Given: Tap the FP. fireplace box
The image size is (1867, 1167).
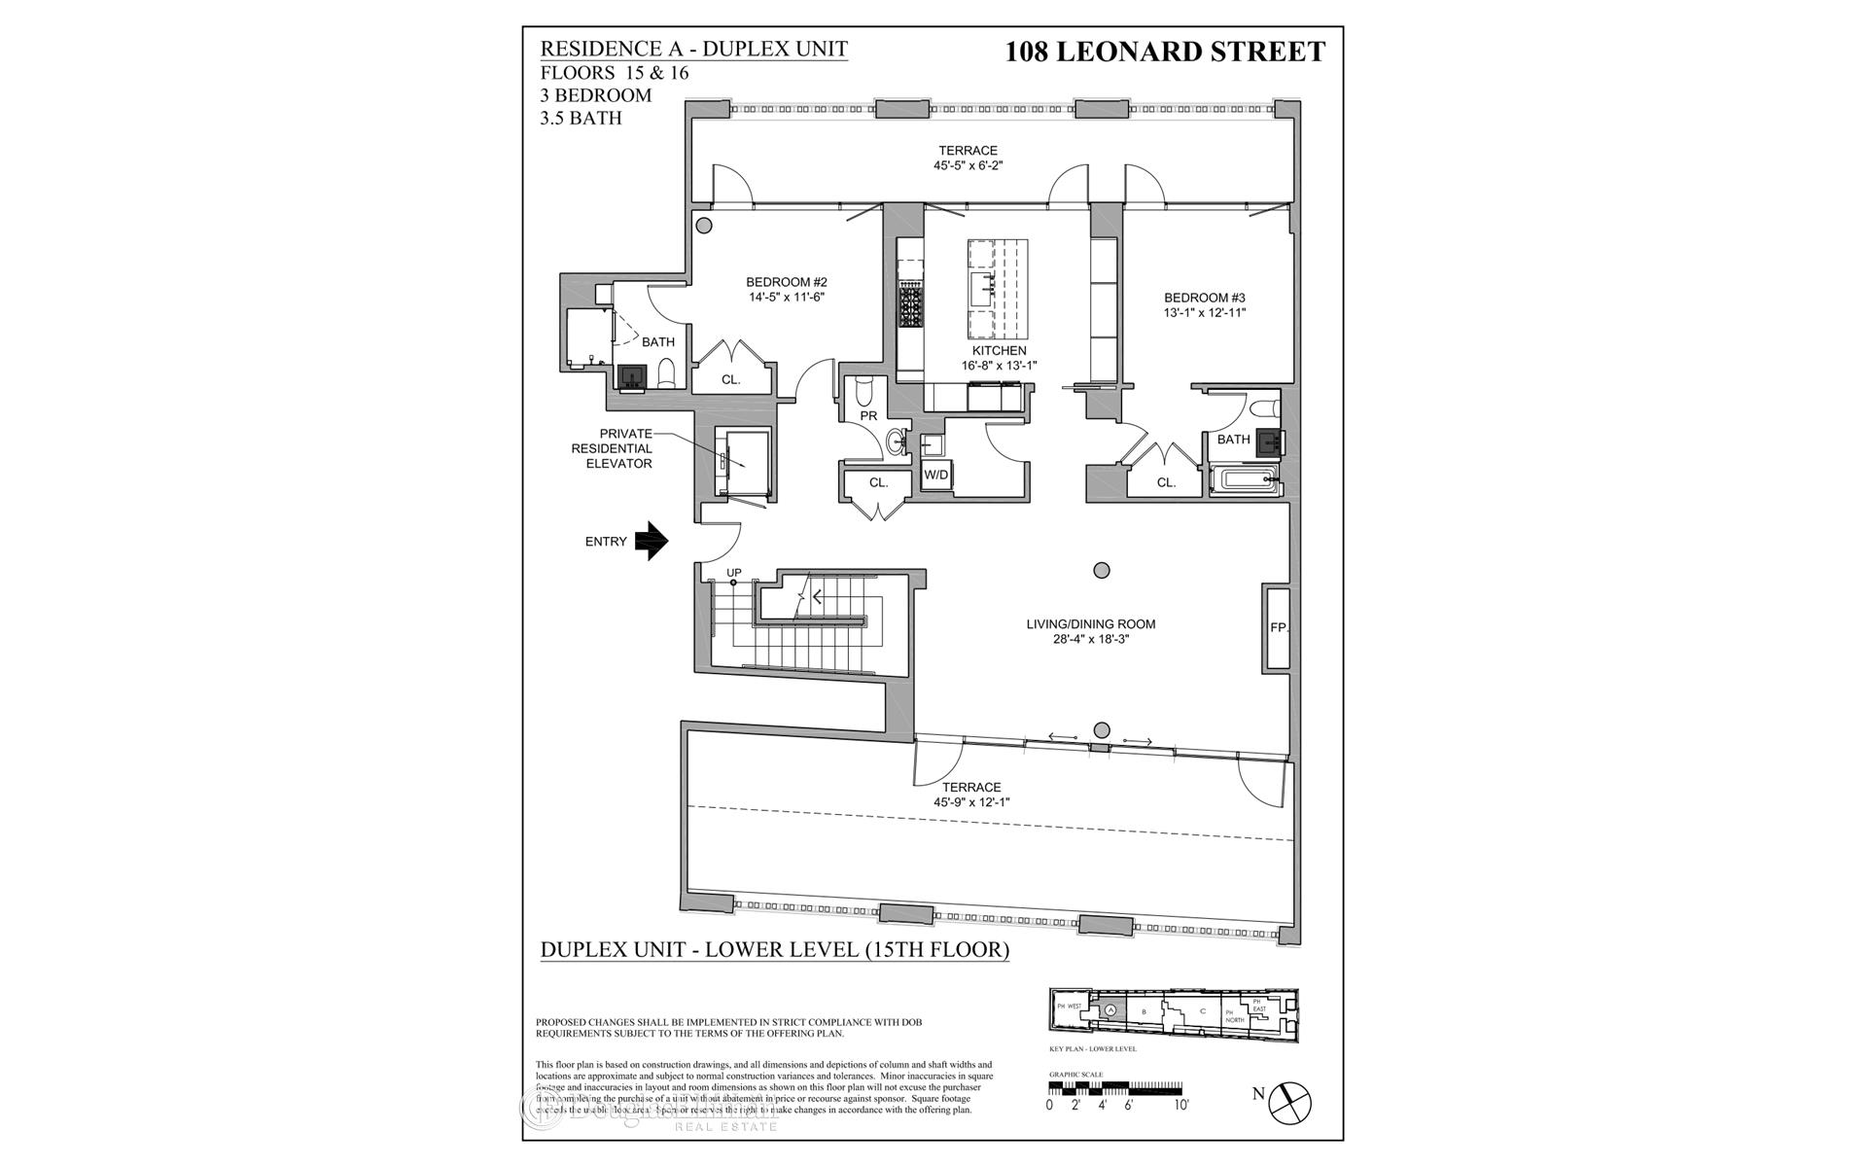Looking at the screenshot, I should [x=1278, y=627].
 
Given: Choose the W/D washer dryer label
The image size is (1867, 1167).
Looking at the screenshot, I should [x=935, y=475].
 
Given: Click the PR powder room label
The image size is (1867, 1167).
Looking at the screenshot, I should [x=868, y=415].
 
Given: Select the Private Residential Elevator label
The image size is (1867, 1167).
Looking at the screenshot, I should [x=618, y=448].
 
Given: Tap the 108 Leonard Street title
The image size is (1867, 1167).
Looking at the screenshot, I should [x=1165, y=52].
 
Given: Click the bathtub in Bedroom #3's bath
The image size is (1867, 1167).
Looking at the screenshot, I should [x=1246, y=479].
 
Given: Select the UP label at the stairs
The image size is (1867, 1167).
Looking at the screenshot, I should [x=734, y=572].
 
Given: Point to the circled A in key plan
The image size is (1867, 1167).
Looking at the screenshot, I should [x=1112, y=1010].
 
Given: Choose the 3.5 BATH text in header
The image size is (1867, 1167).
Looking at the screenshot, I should [x=581, y=118].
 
